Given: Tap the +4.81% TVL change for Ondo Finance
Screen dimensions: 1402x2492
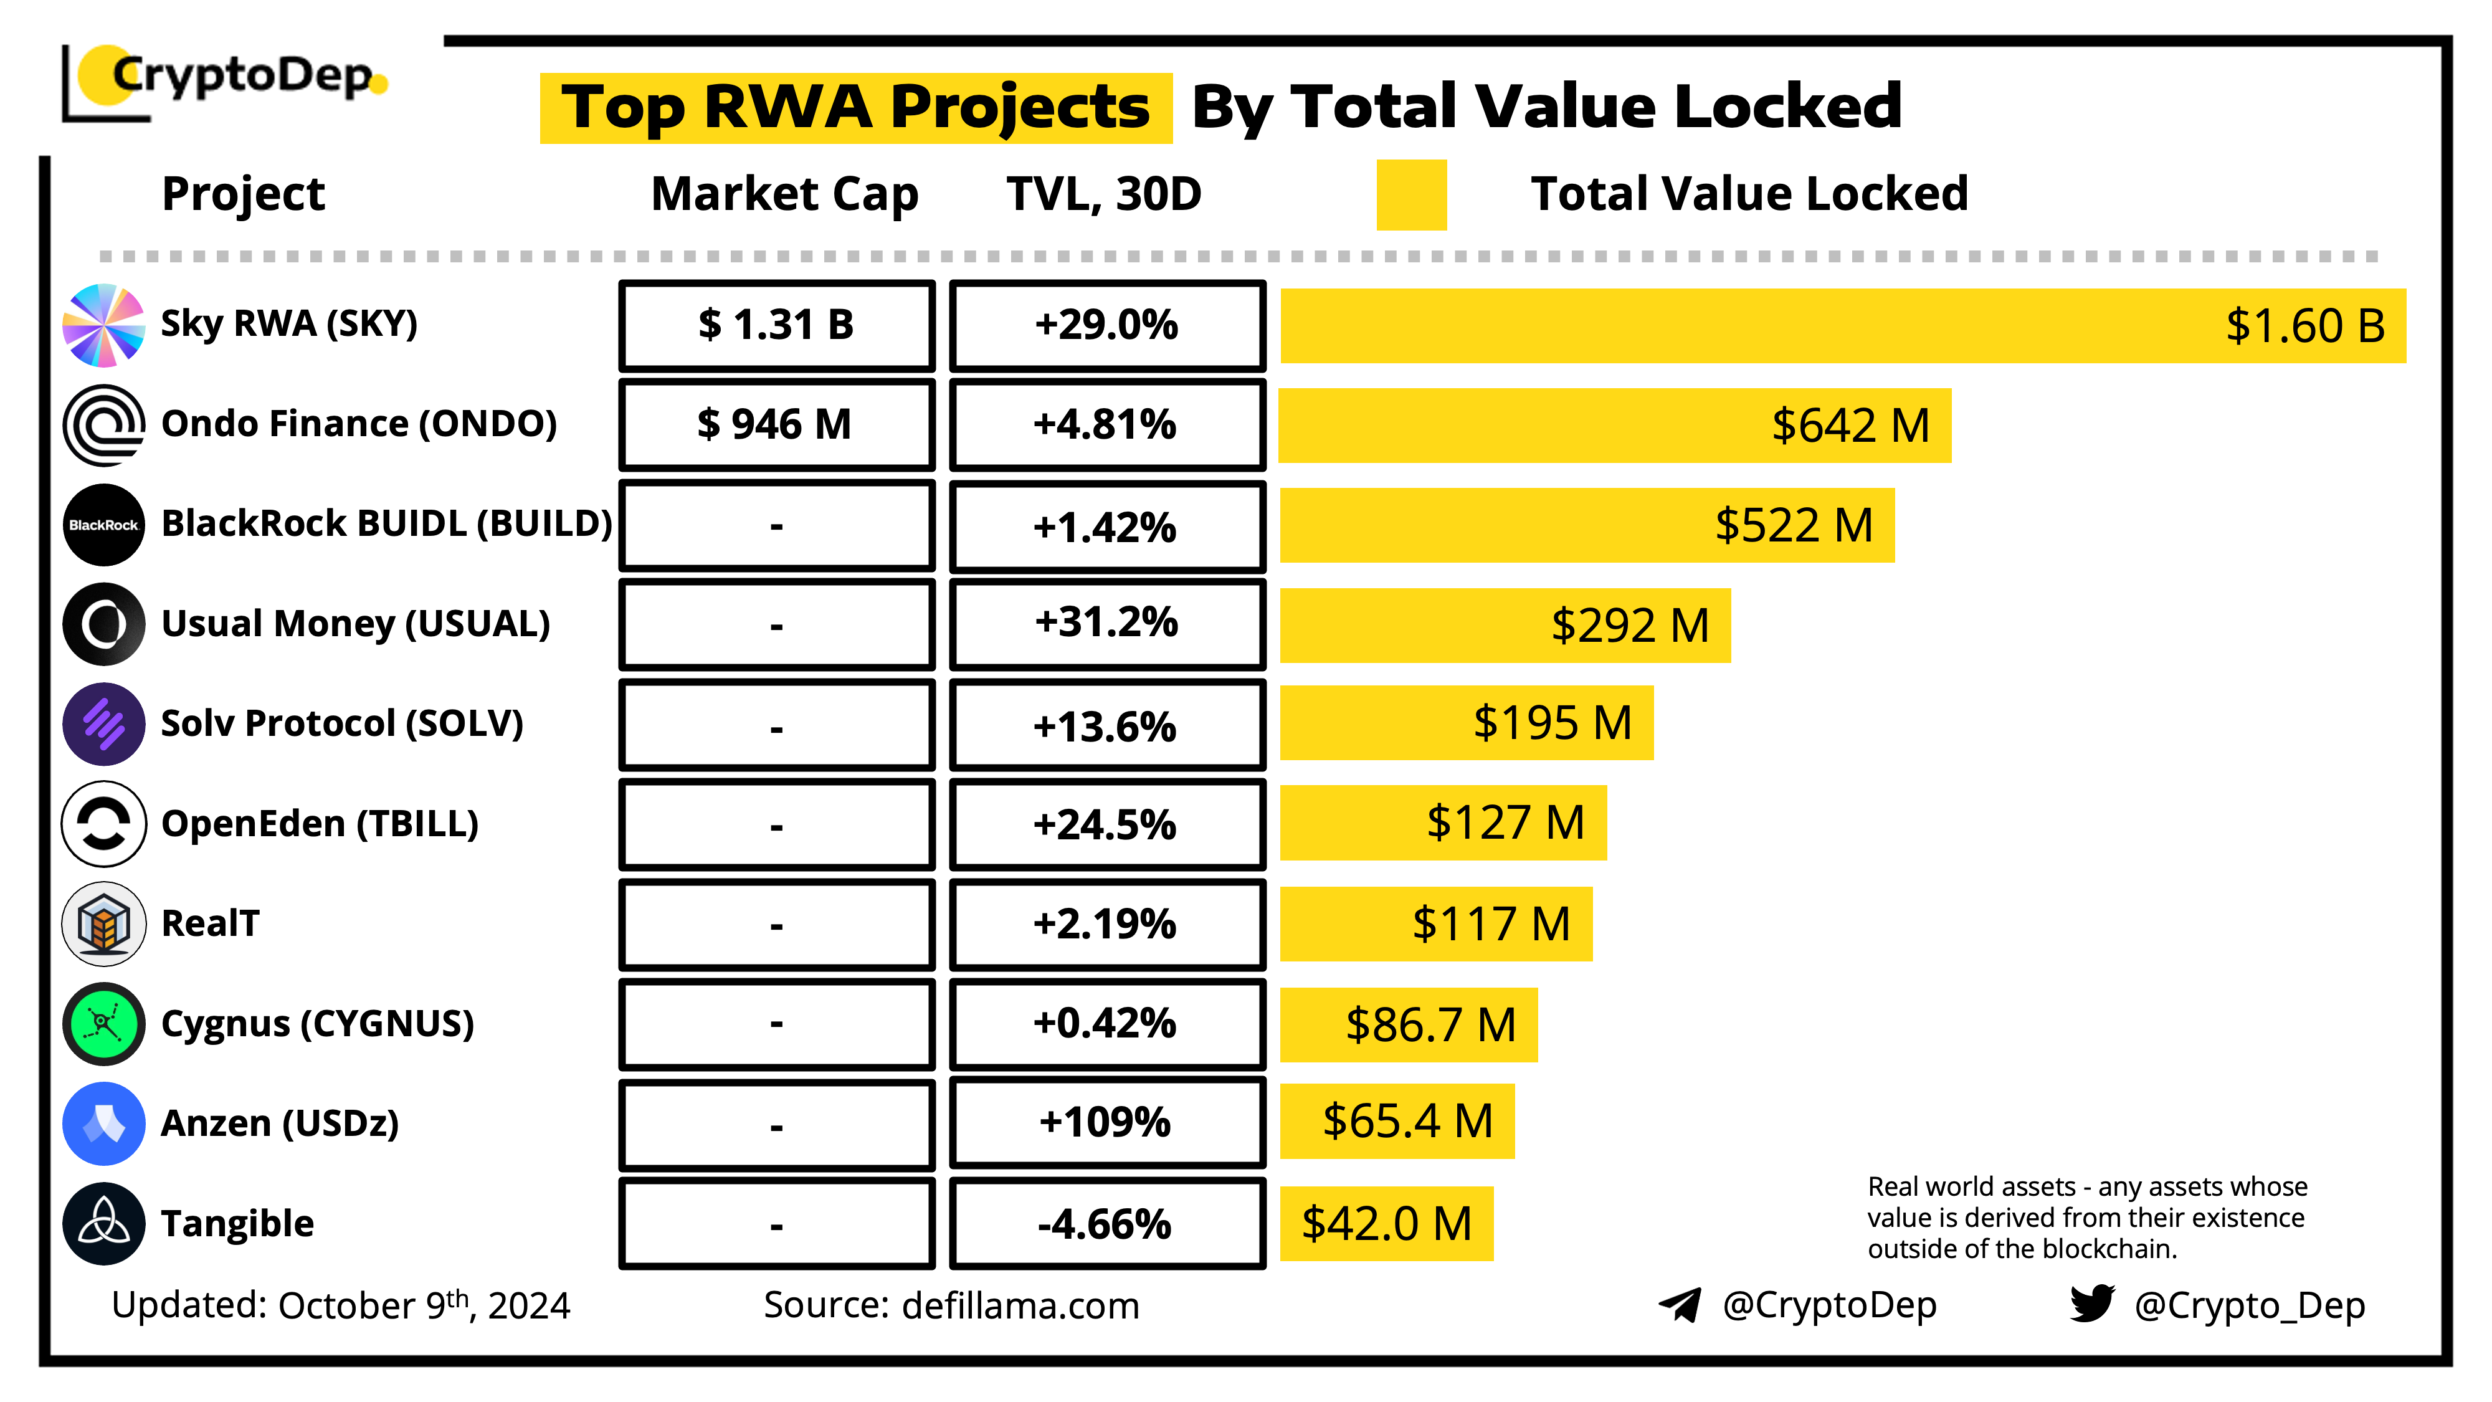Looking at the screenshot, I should (x=1106, y=425).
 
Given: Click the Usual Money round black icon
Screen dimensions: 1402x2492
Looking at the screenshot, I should (x=103, y=624).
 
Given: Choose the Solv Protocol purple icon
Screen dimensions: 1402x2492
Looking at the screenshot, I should (x=103, y=723).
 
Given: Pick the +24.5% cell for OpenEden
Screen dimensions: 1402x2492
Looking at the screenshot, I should (x=1106, y=824).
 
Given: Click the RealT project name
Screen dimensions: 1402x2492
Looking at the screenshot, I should (x=210, y=923).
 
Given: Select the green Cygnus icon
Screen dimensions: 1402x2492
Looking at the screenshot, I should (x=103, y=1024).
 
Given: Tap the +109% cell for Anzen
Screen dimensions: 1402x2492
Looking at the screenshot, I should (x=1106, y=1122).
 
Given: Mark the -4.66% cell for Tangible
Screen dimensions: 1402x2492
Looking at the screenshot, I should (x=1106, y=1224).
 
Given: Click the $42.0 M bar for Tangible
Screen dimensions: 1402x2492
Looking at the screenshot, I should (x=1386, y=1224).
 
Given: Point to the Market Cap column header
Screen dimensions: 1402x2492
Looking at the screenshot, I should (x=784, y=194).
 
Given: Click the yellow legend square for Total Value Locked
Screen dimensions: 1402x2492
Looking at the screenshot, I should (x=1412, y=194).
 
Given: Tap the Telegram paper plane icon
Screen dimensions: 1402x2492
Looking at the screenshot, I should (x=1680, y=1304).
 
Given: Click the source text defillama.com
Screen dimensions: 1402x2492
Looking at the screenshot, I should (x=1020, y=1305).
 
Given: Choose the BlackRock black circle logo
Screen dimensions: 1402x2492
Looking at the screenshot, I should (x=103, y=525).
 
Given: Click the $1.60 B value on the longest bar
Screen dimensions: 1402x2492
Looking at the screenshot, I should (x=2304, y=326).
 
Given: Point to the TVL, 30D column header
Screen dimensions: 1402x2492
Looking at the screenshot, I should (x=1104, y=194).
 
